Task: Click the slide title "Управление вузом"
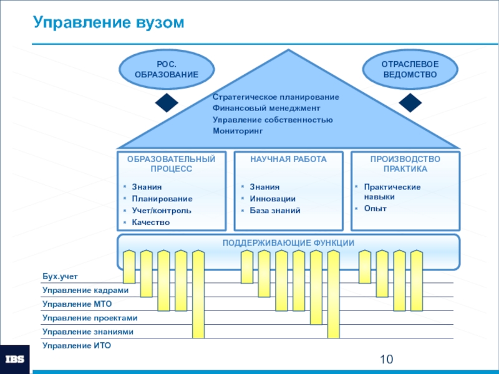[x=109, y=23]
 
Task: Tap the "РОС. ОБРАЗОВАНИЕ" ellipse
[x=166, y=69]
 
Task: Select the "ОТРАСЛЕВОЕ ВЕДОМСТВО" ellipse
[x=410, y=69]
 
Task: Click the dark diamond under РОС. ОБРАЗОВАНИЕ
[x=167, y=102]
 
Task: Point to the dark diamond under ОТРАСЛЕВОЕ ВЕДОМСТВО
[x=410, y=102]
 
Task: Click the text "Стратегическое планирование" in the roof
[x=276, y=97]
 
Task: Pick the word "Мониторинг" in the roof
[x=238, y=131]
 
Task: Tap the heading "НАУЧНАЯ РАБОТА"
[x=288, y=160]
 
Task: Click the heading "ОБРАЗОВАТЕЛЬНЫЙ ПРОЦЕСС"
[x=172, y=164]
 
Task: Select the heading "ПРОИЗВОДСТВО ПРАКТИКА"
[x=405, y=164]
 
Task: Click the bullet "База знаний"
[x=275, y=211]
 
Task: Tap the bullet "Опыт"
[x=375, y=208]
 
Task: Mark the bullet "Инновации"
[x=273, y=199]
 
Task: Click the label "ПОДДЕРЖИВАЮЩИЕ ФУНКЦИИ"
[x=289, y=242]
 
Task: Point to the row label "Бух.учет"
[x=61, y=276]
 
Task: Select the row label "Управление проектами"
[x=90, y=318]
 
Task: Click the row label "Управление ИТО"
[x=76, y=345]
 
